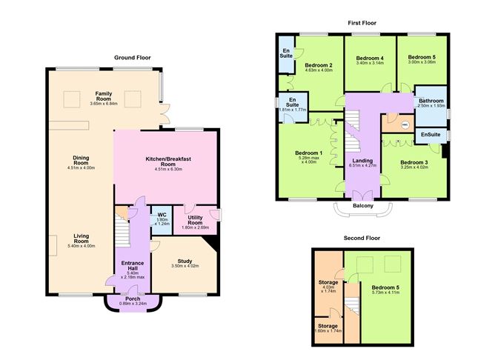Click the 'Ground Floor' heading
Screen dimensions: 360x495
[x=133, y=57]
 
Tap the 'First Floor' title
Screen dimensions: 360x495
[x=364, y=23]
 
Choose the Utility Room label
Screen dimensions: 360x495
[x=195, y=221]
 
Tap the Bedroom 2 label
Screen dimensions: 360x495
[x=319, y=65]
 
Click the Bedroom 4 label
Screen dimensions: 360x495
[x=369, y=58]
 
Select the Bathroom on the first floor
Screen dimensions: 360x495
[x=430, y=101]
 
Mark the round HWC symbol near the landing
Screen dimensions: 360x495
[x=405, y=125]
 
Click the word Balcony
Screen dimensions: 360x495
[x=363, y=205]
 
